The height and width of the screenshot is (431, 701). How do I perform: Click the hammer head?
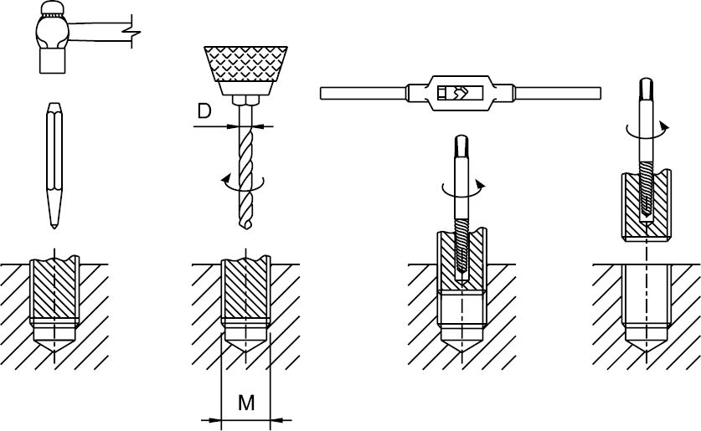pos(53,38)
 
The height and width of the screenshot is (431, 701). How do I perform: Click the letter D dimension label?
pos(204,111)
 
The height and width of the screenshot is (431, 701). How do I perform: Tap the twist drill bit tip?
pos(246,228)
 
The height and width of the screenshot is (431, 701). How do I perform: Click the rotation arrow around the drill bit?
pos(243,183)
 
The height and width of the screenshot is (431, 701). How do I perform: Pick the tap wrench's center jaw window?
pos(461,93)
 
